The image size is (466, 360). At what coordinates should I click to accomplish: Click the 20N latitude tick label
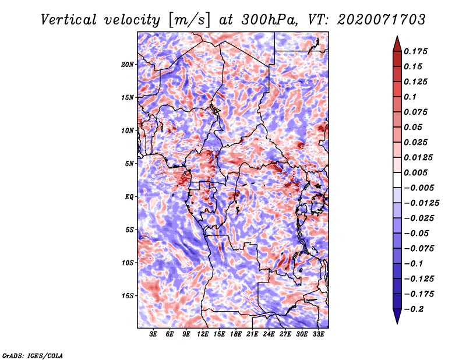tap(128, 65)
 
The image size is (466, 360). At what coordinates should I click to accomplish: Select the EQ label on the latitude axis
tap(129, 197)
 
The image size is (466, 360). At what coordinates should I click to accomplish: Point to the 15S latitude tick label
tap(128, 296)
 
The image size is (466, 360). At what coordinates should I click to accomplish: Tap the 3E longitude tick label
tap(153, 334)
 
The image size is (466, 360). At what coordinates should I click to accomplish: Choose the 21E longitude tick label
tap(252, 334)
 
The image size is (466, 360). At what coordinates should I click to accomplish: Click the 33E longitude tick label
tap(318, 334)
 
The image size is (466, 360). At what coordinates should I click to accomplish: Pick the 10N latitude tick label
tap(128, 130)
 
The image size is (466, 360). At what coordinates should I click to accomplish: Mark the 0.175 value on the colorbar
tap(415, 51)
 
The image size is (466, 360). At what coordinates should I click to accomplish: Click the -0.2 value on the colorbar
tap(414, 309)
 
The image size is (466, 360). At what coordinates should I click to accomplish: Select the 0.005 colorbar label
tap(415, 172)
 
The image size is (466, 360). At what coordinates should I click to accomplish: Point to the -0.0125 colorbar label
tap(421, 203)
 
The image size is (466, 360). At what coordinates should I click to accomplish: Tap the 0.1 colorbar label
tap(410, 97)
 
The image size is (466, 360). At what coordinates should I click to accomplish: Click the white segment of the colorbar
tap(397, 180)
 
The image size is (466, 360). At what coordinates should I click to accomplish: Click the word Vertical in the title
tap(69, 20)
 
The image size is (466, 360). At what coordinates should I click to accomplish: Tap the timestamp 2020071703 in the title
tap(382, 20)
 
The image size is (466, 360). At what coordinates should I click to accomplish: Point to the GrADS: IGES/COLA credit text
tap(33, 356)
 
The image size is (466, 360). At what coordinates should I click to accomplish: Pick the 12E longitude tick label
tap(202, 334)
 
